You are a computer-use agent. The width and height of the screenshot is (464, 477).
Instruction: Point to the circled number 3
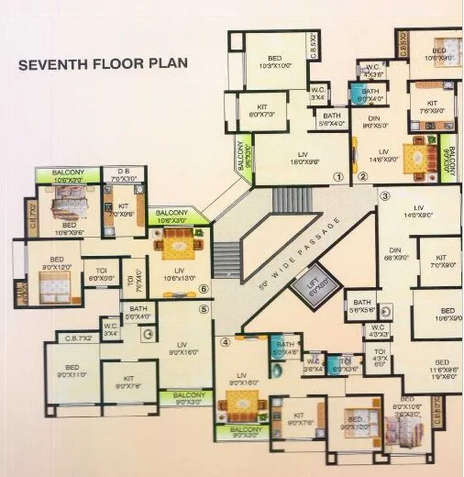[385, 196]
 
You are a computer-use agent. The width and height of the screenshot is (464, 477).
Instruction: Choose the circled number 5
[204, 308]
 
